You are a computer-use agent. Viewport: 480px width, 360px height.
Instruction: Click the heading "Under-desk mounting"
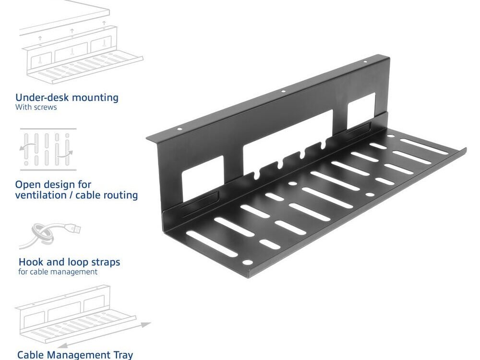click(x=67, y=97)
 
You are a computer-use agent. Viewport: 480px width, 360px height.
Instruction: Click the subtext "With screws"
click(x=36, y=108)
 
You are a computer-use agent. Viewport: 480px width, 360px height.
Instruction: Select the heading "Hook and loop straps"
click(x=69, y=262)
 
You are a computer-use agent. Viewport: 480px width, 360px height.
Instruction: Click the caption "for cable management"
click(x=58, y=272)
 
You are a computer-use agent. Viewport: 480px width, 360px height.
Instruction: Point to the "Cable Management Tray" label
click(x=75, y=355)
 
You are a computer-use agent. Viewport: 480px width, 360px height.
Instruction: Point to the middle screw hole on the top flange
click(x=283, y=91)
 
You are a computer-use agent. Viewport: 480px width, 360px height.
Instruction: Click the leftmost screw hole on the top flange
click(x=180, y=129)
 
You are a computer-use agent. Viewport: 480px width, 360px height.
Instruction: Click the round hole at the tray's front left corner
click(x=248, y=263)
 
